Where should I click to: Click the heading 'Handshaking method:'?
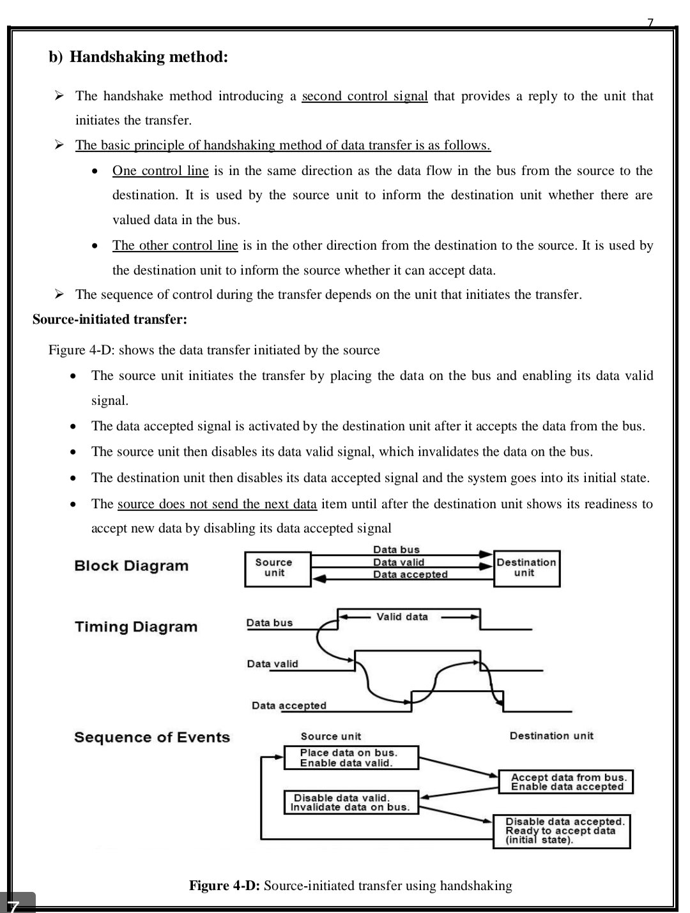point(148,57)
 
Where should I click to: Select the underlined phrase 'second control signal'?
point(364,96)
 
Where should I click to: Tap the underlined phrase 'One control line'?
point(160,170)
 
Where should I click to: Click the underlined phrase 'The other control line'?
point(175,245)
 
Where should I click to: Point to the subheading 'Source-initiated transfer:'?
point(110,319)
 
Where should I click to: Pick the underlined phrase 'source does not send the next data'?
point(217,504)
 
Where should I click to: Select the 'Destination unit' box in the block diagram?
point(526,568)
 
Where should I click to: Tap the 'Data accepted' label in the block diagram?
point(410,575)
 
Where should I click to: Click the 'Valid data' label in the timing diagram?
point(402,617)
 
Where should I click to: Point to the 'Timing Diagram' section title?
point(136,627)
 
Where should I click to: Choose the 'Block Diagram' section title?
point(132,566)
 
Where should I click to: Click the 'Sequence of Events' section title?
point(152,737)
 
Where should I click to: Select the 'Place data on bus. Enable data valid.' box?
point(350,758)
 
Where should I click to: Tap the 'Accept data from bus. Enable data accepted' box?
point(565,782)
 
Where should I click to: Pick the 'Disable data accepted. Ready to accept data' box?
point(562,831)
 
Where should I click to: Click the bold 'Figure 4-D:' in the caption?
point(224,886)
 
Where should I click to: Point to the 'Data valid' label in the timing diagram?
point(272,664)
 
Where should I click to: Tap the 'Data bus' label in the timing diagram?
point(270,623)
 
